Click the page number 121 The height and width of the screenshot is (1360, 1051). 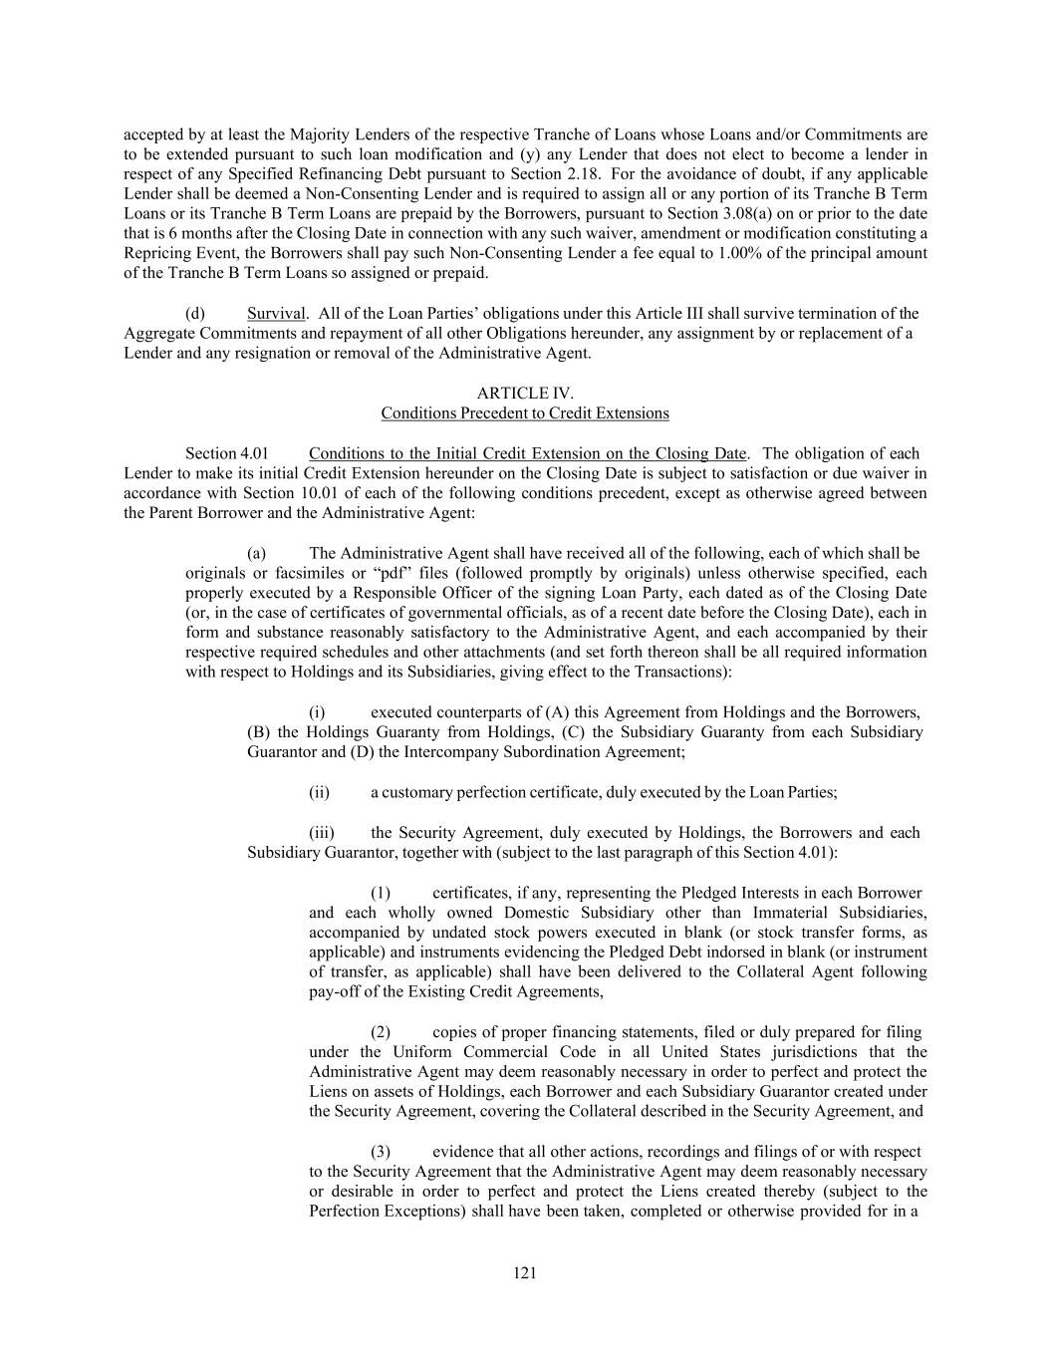click(525, 1272)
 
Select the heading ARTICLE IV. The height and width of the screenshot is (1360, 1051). click(525, 394)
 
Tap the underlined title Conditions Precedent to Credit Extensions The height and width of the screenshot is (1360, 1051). click(525, 413)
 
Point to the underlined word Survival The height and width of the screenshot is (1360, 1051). click(276, 314)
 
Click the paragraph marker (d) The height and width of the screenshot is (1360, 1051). click(195, 314)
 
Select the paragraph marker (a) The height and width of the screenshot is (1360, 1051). click(256, 553)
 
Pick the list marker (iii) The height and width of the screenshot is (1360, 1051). click(321, 833)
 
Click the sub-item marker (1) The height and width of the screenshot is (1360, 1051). click(380, 893)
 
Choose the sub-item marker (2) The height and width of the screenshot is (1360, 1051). click(380, 1032)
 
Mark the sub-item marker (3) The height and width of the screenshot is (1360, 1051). click(380, 1152)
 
